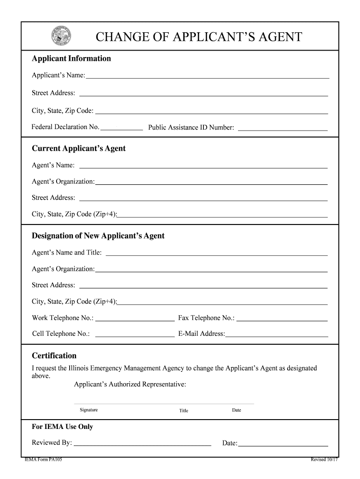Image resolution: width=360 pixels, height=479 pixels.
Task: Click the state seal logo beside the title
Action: (x=62, y=36)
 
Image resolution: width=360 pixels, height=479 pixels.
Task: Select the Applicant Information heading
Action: (x=71, y=59)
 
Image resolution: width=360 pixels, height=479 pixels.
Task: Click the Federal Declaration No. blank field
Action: (x=122, y=127)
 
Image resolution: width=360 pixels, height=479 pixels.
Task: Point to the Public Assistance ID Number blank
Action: (x=282, y=127)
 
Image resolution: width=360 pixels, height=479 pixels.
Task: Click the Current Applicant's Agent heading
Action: (x=79, y=149)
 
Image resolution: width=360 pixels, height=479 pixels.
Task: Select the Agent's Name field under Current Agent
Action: (x=203, y=165)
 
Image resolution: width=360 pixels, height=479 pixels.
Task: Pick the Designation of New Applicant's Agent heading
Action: (x=98, y=236)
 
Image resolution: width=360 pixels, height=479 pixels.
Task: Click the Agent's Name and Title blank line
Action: (x=217, y=253)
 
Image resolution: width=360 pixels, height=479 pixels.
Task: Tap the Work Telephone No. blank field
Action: (x=135, y=319)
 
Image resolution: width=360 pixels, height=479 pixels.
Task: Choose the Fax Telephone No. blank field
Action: (x=282, y=319)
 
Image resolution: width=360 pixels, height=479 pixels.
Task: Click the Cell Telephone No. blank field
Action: (x=135, y=334)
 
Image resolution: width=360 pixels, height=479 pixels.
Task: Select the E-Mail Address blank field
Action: (x=277, y=334)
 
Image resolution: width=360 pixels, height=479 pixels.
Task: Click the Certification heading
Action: (x=54, y=356)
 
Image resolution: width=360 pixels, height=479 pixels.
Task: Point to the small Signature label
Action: (x=89, y=410)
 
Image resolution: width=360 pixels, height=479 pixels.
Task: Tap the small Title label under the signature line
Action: (x=184, y=411)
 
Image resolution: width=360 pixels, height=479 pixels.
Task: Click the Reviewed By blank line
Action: (x=143, y=443)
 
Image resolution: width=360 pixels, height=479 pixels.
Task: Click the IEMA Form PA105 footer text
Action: (x=43, y=460)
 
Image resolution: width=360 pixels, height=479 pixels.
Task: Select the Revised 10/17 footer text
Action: (x=324, y=460)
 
